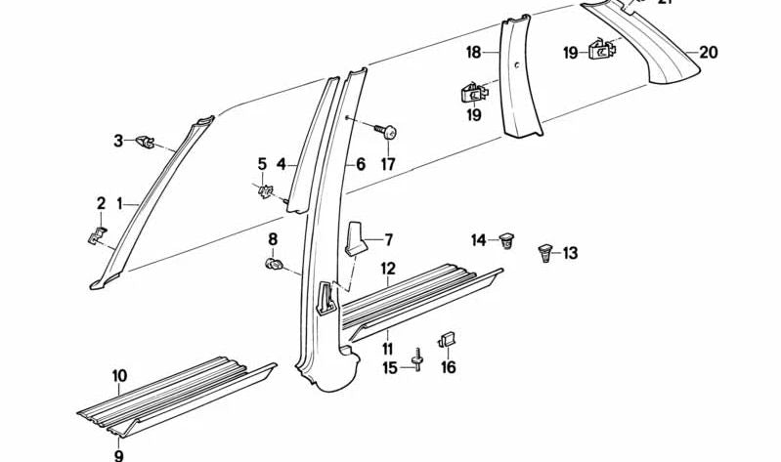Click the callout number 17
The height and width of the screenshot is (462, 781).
[x=388, y=164]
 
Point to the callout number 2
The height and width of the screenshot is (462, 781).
[x=100, y=203]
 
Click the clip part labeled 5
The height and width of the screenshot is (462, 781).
[x=264, y=192]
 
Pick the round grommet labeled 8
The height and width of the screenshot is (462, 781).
[x=275, y=264]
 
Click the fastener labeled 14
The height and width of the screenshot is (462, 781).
[x=506, y=239]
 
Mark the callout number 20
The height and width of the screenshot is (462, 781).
[x=708, y=53]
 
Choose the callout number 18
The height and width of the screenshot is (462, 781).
[x=473, y=53]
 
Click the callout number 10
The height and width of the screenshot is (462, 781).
[x=119, y=376]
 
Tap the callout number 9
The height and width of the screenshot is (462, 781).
[x=119, y=454]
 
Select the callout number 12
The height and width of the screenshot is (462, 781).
[x=388, y=268]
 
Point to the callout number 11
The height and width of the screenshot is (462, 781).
[x=388, y=348]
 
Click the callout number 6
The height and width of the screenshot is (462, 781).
[x=360, y=165]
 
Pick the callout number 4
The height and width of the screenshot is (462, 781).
[x=281, y=165]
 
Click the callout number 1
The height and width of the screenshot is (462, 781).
[x=119, y=204]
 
